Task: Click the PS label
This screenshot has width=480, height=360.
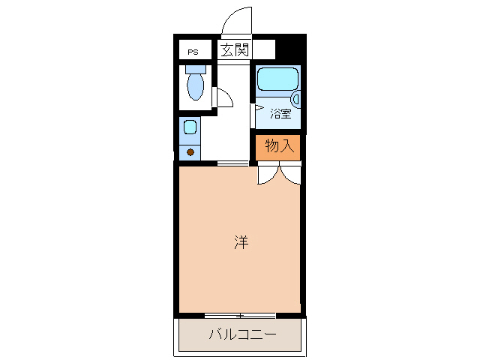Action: [x=193, y=52]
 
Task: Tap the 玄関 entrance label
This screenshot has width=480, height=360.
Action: [x=234, y=50]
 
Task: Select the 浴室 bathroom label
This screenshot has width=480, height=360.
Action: [x=280, y=114]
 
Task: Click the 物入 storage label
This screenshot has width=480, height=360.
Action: [x=279, y=145]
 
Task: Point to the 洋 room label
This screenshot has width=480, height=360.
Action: [x=240, y=242]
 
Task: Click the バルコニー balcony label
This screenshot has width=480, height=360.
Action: [x=241, y=334]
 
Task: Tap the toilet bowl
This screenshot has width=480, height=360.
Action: [x=195, y=87]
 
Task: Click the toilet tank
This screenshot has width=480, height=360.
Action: [x=195, y=68]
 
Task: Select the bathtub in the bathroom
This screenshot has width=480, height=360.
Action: [x=277, y=79]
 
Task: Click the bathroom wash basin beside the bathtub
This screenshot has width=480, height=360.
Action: [x=295, y=97]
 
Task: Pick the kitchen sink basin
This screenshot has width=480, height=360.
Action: [x=190, y=127]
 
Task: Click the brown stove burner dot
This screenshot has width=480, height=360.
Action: [x=190, y=152]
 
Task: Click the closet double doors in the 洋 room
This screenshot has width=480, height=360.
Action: [x=279, y=174]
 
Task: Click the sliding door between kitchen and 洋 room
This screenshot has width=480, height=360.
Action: [x=233, y=163]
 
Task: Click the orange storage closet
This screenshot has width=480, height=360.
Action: [x=279, y=145]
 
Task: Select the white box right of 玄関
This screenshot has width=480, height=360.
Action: [x=265, y=50]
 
